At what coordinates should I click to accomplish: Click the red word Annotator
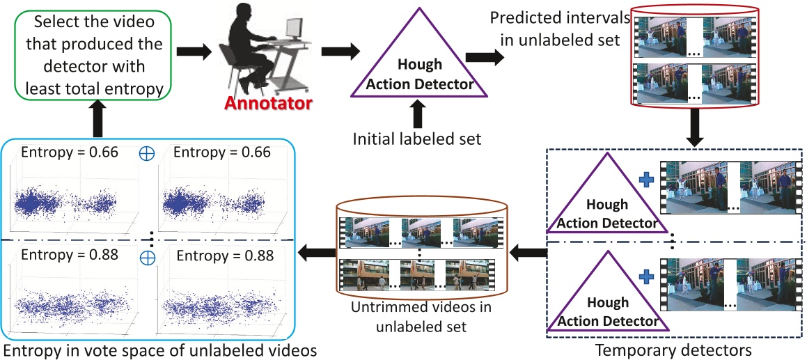pyautogui.click(x=268, y=104)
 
